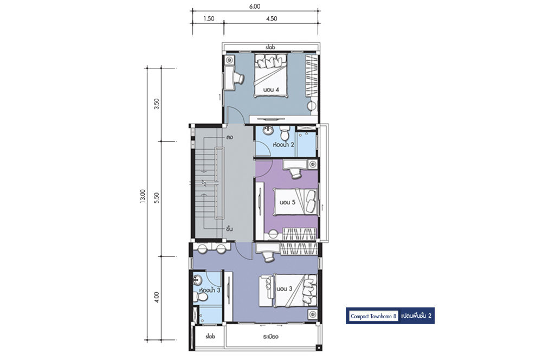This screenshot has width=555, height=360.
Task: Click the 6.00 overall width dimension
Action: pyautogui.click(x=255, y=7)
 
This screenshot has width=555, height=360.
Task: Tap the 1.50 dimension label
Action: pyautogui.click(x=209, y=19)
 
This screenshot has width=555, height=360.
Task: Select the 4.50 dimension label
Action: pyautogui.click(x=272, y=19)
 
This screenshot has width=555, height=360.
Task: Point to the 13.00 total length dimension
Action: pyautogui.click(x=143, y=196)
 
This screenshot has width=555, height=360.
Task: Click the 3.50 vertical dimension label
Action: pyautogui.click(x=157, y=104)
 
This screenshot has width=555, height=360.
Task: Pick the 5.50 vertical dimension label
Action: pyautogui.click(x=157, y=198)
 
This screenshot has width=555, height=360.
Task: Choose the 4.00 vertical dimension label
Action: pyautogui.click(x=157, y=297)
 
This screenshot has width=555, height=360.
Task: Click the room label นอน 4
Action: pyautogui.click(x=271, y=90)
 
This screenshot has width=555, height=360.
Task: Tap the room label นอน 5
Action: pyautogui.click(x=287, y=202)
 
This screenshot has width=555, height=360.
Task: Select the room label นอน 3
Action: pyautogui.click(x=285, y=289)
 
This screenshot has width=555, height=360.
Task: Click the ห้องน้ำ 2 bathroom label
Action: pyautogui.click(x=283, y=144)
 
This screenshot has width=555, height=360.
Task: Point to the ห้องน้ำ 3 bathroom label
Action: pyautogui.click(x=210, y=290)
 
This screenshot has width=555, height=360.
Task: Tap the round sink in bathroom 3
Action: pyautogui.click(x=197, y=281)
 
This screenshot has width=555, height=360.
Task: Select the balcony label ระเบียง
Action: pyautogui.click(x=271, y=336)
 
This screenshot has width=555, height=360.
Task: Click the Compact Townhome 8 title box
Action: pyautogui.click(x=374, y=316)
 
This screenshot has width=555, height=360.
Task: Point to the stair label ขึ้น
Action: pyautogui.click(x=229, y=229)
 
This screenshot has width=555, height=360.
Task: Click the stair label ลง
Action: pyautogui.click(x=229, y=138)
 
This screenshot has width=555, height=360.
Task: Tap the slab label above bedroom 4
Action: pyautogui.click(x=270, y=47)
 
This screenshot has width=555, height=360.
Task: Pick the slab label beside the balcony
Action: pyautogui.click(x=210, y=336)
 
